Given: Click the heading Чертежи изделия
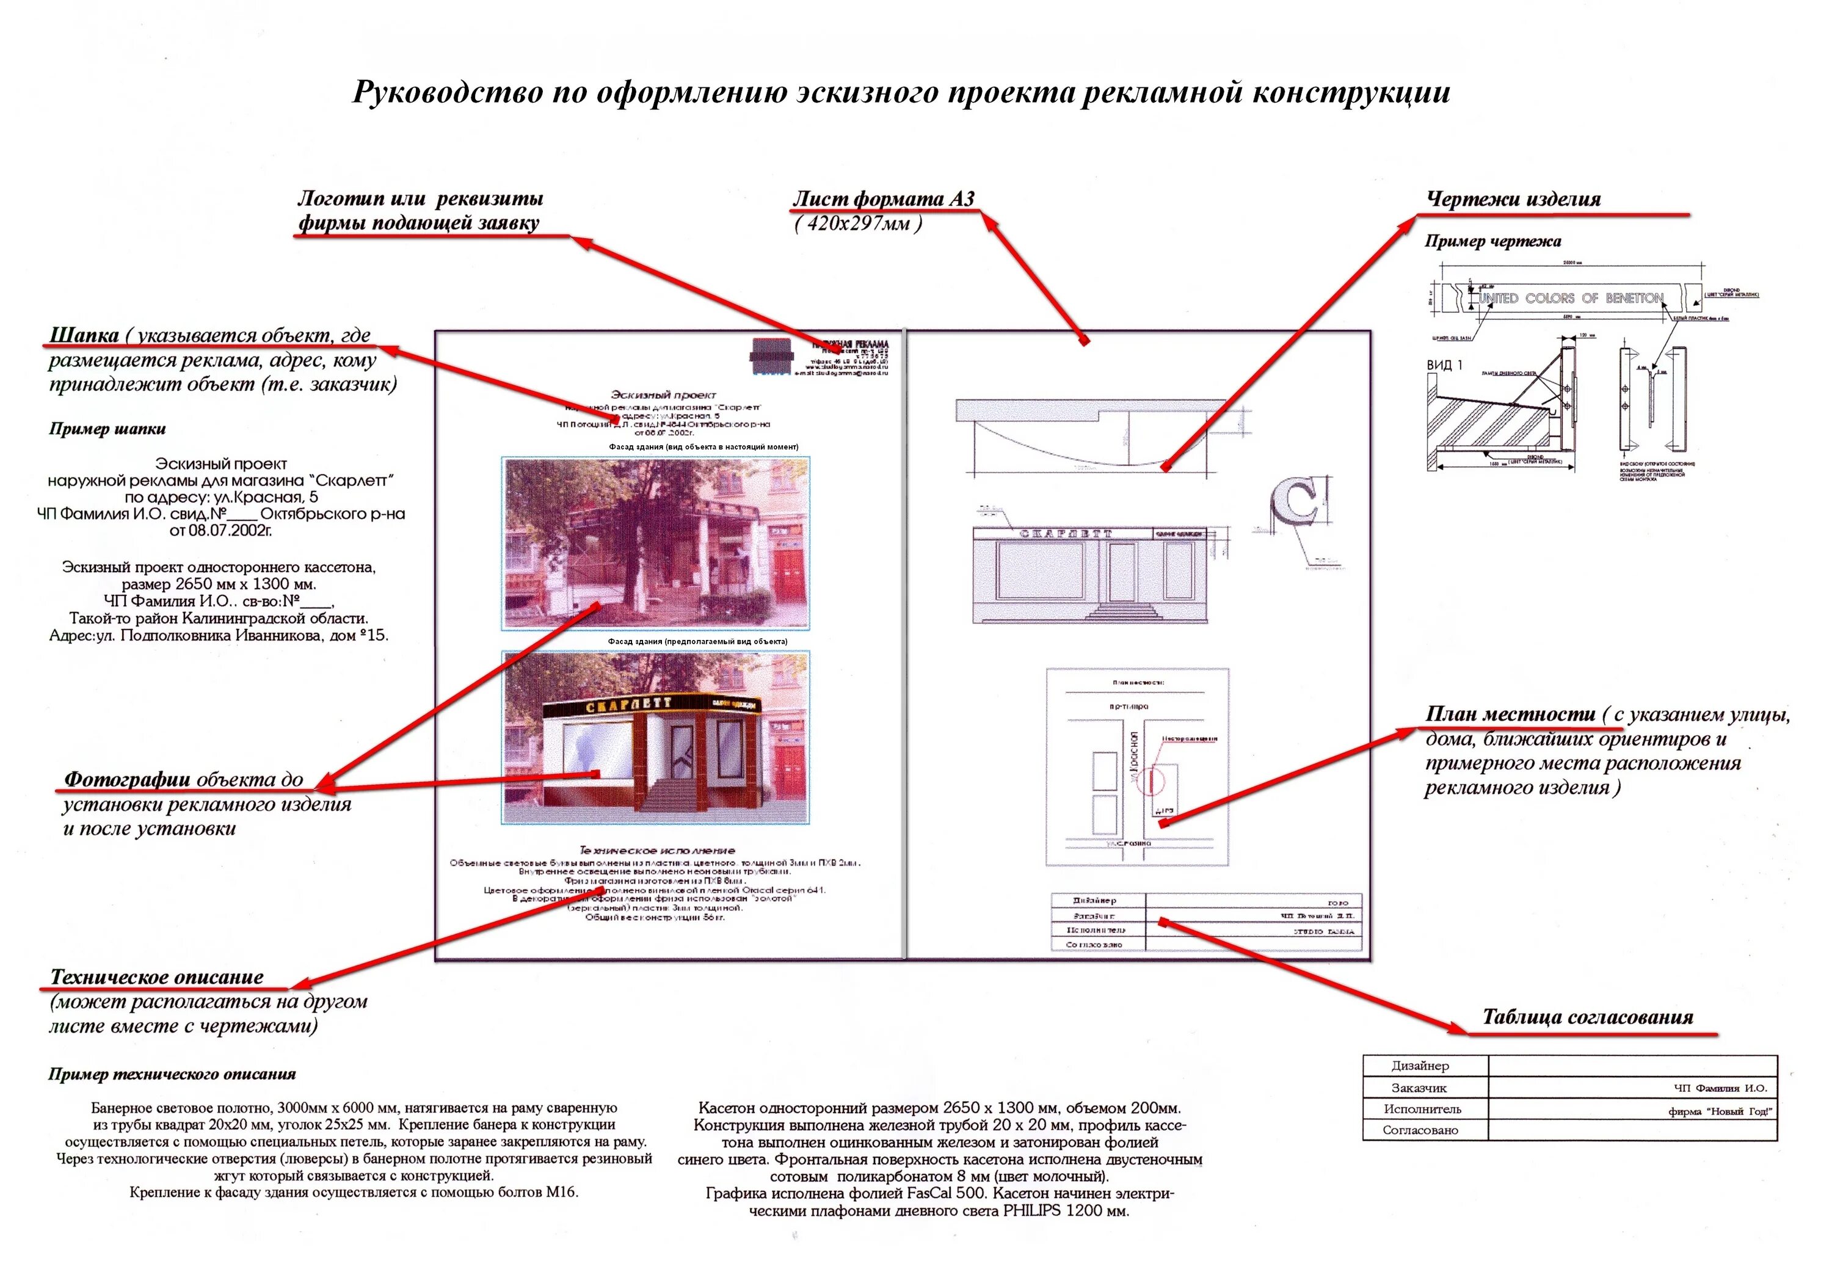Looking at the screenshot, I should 1513,199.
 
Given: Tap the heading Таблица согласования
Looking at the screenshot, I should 1587,1018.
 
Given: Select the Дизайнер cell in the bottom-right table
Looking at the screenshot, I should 1420,1066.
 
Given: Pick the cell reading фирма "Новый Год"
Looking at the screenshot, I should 1720,1111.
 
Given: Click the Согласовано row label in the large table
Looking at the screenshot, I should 1420,1131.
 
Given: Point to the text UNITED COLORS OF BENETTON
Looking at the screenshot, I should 1571,298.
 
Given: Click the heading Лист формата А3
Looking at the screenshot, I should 883,198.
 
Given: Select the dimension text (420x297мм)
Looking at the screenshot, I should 858,224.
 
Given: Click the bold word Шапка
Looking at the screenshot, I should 84,335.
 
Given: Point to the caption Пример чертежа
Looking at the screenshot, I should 1492,241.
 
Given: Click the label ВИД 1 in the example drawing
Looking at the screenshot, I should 1444,365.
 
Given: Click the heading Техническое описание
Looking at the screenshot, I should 156,977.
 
